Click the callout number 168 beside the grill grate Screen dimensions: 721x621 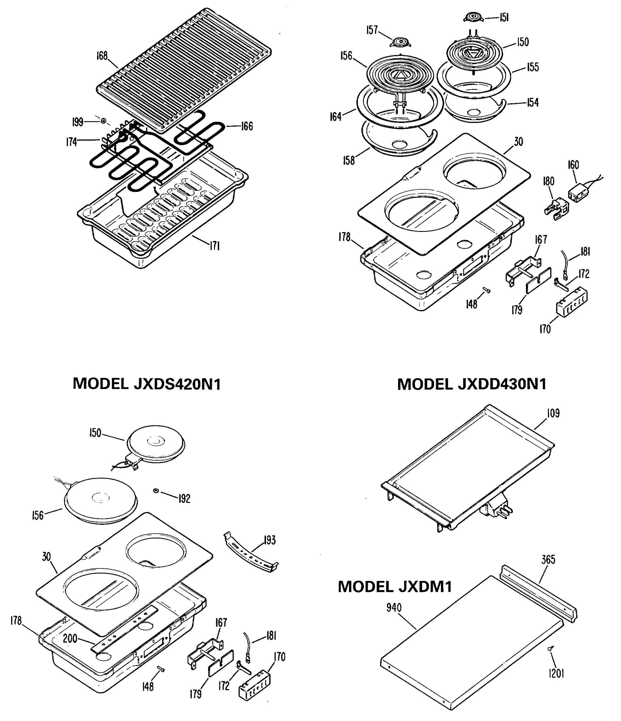coord(102,56)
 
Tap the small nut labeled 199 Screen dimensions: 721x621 coord(103,121)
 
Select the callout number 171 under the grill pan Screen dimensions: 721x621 coord(214,246)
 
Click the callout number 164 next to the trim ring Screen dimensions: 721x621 coord(335,117)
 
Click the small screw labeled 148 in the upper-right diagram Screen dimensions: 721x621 coord(487,290)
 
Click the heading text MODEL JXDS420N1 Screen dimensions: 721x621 coord(147,384)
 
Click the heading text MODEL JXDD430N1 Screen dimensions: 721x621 coord(472,384)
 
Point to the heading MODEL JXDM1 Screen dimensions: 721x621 coord(395,586)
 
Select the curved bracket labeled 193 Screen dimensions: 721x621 coord(250,553)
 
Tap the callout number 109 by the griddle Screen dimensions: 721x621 coord(553,413)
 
